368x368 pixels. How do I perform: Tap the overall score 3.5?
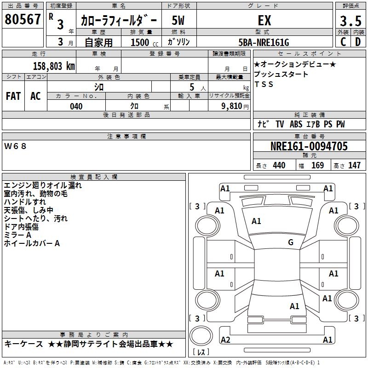coord(350,21)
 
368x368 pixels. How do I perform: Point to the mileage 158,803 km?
coord(53,66)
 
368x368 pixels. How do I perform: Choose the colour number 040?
coord(76,106)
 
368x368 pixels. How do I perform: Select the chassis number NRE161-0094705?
coord(309,147)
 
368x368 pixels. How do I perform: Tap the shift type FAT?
coord(13,96)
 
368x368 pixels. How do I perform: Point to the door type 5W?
coord(178,21)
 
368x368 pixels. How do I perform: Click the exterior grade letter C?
coord(343,42)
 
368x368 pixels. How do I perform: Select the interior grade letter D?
coord(357,42)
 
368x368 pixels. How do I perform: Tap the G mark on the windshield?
coord(291,242)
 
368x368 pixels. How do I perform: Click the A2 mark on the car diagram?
coord(225,339)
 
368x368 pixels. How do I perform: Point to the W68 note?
coord(16,146)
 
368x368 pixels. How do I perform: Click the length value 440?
coord(279,166)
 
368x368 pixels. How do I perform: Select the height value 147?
coord(354,166)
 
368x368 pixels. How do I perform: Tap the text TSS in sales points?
coord(264,84)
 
